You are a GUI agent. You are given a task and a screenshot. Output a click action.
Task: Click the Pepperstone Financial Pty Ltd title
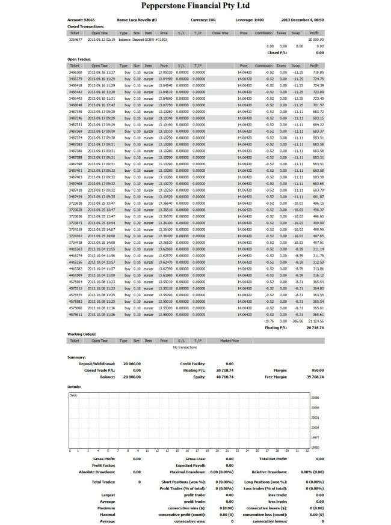[195, 7]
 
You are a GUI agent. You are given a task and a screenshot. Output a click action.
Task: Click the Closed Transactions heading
[85, 26]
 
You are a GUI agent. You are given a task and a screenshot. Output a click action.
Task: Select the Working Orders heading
[83, 334]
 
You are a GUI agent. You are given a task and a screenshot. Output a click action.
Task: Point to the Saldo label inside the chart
[74, 395]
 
